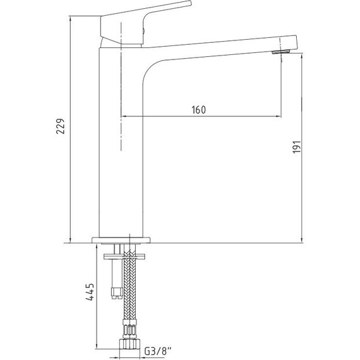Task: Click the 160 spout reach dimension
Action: click(x=198, y=109)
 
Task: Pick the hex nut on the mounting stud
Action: click(x=116, y=292)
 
